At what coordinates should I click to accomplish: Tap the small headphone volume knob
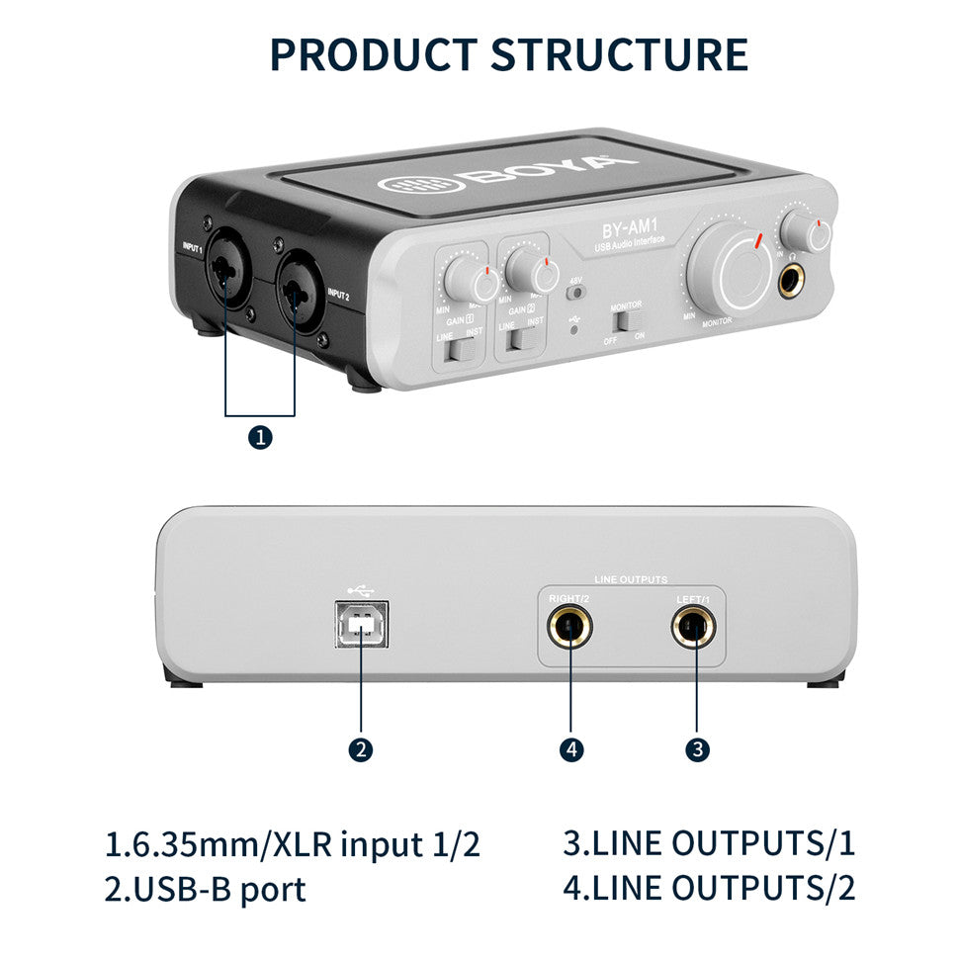(805, 232)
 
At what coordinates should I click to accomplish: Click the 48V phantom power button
(574, 292)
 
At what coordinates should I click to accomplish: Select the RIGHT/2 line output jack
(570, 627)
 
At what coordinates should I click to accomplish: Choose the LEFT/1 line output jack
(695, 627)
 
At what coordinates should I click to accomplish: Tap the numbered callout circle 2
(361, 749)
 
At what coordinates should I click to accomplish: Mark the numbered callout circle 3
(697, 749)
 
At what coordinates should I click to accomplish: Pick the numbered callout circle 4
(570, 749)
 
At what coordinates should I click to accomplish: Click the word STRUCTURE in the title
(621, 54)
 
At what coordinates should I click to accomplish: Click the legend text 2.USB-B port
(205, 888)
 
